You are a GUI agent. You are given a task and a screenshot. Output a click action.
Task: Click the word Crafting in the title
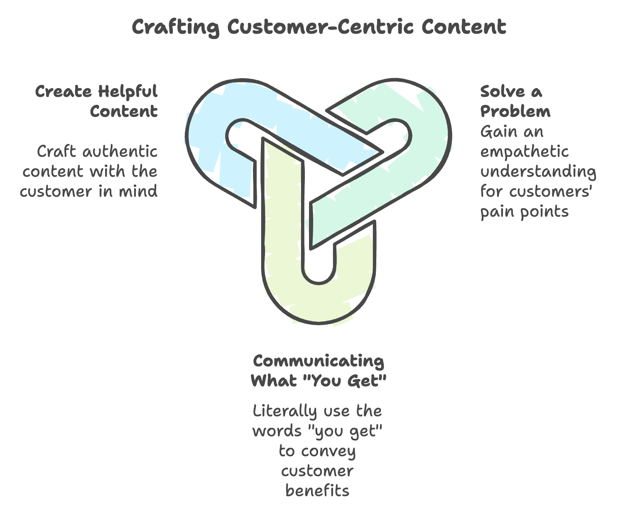tap(175, 27)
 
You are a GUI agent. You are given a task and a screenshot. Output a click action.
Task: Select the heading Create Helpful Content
tap(96, 101)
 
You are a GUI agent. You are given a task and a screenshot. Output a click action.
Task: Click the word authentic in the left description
tap(120, 151)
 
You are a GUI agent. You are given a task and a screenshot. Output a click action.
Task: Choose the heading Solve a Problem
tap(515, 101)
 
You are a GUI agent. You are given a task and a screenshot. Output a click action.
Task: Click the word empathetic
tap(524, 151)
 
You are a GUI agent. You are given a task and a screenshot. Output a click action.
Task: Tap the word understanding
tap(538, 171)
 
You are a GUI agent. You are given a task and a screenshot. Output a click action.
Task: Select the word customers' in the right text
tap(551, 191)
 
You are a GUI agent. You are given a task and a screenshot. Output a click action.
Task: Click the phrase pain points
tap(524, 211)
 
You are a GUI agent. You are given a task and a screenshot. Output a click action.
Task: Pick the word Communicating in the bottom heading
tap(319, 361)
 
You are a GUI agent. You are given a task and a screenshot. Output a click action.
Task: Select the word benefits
tap(318, 491)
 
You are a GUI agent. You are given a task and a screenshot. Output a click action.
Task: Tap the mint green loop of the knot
tap(428, 137)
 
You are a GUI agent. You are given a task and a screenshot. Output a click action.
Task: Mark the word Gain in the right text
tap(496, 131)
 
